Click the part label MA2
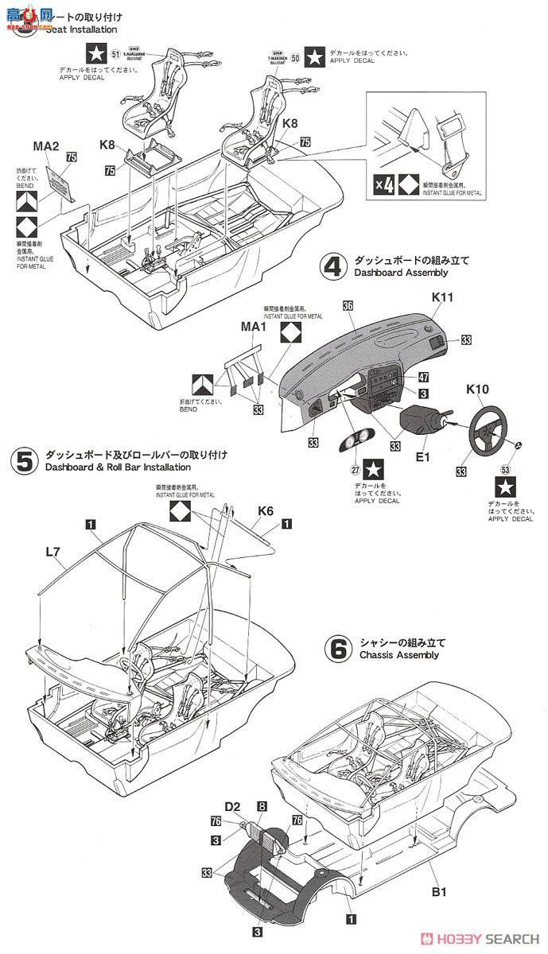(46, 145)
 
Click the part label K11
(442, 297)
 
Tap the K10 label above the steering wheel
(478, 389)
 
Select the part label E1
(422, 457)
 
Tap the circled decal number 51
(116, 54)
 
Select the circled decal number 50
(296, 57)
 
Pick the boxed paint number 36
(348, 305)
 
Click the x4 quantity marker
(385, 188)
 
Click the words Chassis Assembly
(398, 655)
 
